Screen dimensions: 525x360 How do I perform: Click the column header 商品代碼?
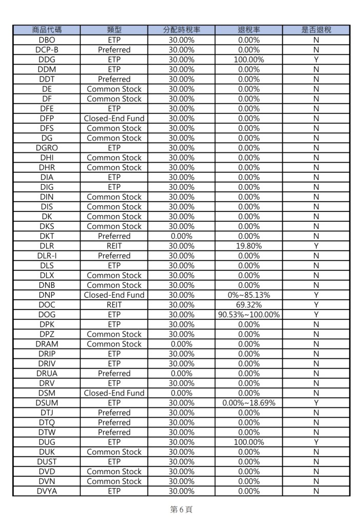(x=47, y=30)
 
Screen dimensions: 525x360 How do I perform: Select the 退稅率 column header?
(x=249, y=30)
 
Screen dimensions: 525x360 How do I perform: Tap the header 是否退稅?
(x=316, y=30)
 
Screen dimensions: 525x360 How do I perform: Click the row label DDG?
(x=47, y=60)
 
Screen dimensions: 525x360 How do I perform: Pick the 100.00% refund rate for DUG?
(x=249, y=442)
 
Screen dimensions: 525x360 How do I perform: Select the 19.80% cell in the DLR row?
(x=249, y=246)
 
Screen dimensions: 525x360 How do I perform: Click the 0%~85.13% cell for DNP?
(x=249, y=295)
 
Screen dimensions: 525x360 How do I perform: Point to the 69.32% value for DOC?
(x=249, y=305)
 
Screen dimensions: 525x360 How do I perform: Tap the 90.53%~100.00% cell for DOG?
(x=249, y=315)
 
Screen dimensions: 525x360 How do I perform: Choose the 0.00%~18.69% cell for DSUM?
(x=249, y=403)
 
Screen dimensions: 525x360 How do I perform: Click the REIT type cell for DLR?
(x=114, y=246)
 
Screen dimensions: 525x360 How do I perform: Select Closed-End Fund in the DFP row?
(x=114, y=119)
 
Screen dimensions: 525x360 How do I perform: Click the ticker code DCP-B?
(x=47, y=50)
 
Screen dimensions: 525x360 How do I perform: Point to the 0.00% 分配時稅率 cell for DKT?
(x=181, y=236)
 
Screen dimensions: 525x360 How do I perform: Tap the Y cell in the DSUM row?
(x=316, y=403)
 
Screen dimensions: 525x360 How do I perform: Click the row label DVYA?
(x=47, y=491)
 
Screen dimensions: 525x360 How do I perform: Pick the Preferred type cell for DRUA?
(x=114, y=374)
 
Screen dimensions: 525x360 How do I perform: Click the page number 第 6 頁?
(x=181, y=510)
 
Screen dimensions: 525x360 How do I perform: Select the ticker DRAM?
(x=47, y=344)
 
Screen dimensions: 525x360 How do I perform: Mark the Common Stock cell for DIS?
(x=114, y=207)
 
